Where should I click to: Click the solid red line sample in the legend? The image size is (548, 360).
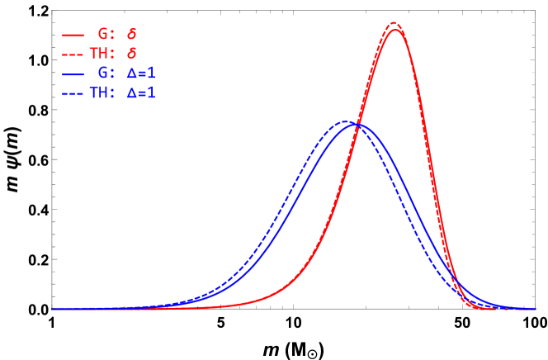(x=73, y=36)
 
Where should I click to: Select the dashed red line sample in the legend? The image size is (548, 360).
(x=73, y=54)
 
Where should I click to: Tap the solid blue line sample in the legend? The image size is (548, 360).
(x=73, y=74)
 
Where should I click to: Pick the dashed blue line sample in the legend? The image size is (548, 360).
(x=73, y=93)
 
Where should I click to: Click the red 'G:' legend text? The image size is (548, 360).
(x=106, y=35)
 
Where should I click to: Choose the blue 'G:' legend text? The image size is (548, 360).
(x=106, y=74)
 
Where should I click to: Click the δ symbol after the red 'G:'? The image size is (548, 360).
(x=131, y=35)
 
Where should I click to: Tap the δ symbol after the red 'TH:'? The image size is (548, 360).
(x=131, y=54)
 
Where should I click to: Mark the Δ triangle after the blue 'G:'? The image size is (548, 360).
(x=131, y=74)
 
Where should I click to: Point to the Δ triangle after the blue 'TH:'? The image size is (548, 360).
(x=131, y=93)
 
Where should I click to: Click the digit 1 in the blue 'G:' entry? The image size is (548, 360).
(x=151, y=74)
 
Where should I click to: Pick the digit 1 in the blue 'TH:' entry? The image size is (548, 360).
(x=151, y=93)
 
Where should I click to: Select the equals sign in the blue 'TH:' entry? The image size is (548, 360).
(x=141, y=93)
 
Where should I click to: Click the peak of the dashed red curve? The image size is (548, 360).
(x=394, y=23)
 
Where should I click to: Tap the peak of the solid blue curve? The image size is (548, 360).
(x=357, y=124)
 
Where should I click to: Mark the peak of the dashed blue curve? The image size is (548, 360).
(x=347, y=121)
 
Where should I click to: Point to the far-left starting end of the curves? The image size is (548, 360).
(x=53, y=308)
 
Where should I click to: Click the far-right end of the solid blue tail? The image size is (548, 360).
(x=534, y=308)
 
